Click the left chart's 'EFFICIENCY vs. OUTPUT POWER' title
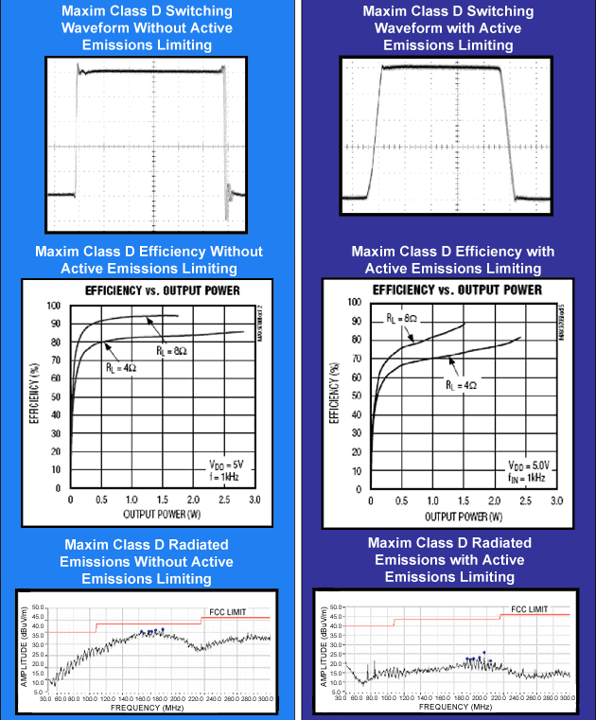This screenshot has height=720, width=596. coord(163,290)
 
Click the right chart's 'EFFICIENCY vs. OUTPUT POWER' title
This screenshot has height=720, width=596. coord(457,290)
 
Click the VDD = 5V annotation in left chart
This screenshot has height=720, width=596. coord(226,464)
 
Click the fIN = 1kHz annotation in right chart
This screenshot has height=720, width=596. coord(528,479)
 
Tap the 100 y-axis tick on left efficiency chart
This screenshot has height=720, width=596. coord(53,306)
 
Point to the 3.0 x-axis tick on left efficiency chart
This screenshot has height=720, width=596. coord(254,498)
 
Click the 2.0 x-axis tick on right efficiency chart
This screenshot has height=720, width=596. coord(495,500)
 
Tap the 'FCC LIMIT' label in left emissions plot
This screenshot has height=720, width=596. coord(225,612)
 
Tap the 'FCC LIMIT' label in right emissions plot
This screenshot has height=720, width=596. coord(536,608)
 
